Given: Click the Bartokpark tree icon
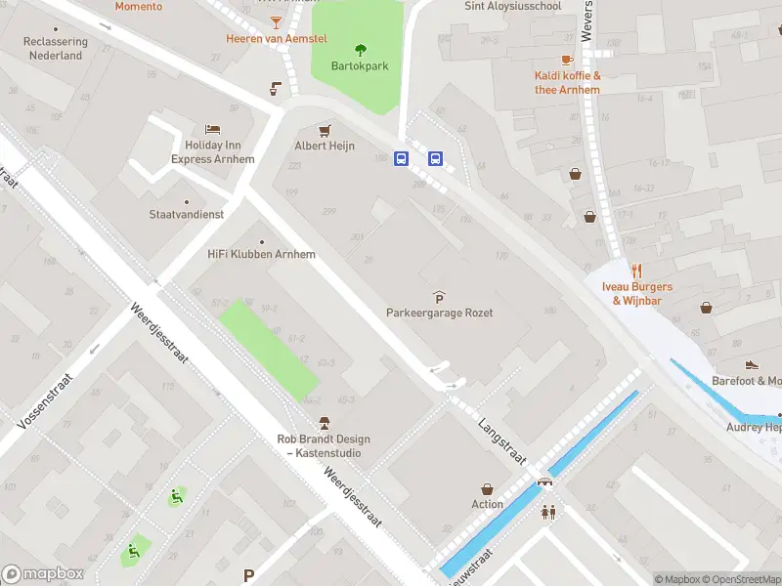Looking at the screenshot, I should (x=360, y=50).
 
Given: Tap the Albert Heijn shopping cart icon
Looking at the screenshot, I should (x=324, y=129).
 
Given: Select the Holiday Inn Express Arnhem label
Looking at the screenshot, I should (x=213, y=152).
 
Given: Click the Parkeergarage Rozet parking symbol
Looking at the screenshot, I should (x=439, y=297).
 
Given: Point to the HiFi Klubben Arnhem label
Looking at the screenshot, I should (x=261, y=254).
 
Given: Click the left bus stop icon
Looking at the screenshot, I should (x=401, y=158).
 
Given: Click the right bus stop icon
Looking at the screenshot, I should (x=435, y=158).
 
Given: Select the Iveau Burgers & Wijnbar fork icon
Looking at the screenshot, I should (x=636, y=272).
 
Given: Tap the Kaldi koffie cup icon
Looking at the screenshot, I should (x=567, y=61).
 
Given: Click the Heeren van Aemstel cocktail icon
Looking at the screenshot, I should (x=277, y=21).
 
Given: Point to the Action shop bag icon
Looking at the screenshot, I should (x=487, y=488).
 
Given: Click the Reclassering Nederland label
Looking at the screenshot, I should (x=55, y=49).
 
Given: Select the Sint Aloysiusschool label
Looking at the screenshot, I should (x=513, y=6).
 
